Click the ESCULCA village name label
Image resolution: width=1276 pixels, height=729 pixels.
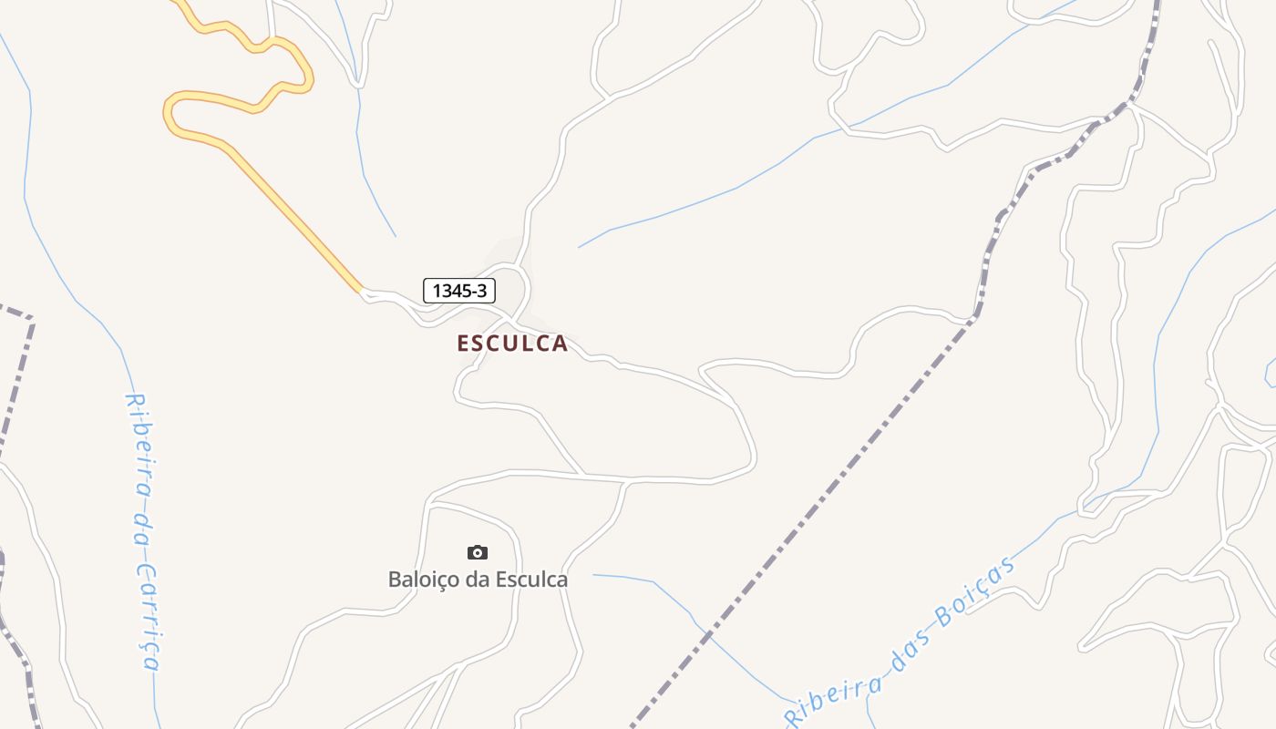[512, 344]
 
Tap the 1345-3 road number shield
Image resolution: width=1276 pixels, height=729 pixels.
[459, 291]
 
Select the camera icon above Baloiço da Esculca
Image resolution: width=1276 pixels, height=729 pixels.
[478, 552]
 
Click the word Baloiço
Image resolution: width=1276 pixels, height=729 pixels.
[423, 580]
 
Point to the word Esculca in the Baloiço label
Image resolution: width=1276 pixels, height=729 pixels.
[532, 580]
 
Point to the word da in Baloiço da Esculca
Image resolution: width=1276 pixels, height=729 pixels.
[478, 580]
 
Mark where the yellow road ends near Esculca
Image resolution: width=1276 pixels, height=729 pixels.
[362, 292]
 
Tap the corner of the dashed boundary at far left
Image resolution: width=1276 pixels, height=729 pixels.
[32, 319]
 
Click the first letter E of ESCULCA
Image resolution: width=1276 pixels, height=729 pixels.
[463, 344]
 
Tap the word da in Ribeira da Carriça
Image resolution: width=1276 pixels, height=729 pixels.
[141, 527]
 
